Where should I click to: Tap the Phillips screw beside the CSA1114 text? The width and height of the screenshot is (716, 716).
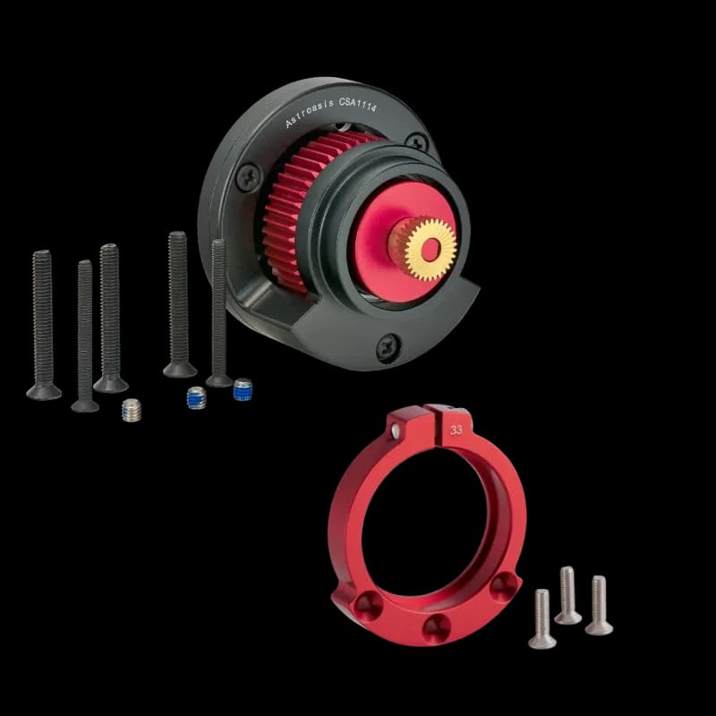pos(416,141)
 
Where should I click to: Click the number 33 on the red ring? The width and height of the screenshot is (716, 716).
pos(457,430)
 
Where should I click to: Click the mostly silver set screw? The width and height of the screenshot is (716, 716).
pos(132,411)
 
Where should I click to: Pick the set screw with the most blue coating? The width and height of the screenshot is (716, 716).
pos(241,390)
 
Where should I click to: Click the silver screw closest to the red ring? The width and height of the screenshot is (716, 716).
pos(541,618)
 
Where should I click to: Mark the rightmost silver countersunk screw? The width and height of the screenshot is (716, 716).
pos(599,606)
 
